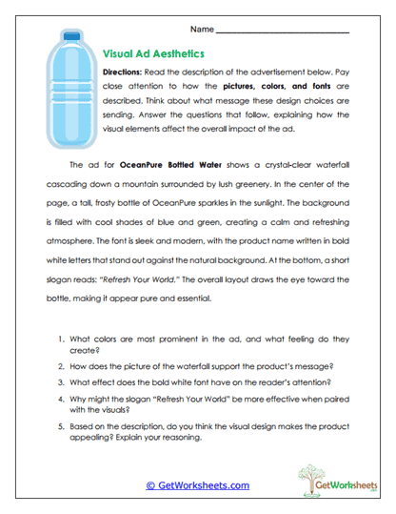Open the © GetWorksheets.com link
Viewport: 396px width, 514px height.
197,484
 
